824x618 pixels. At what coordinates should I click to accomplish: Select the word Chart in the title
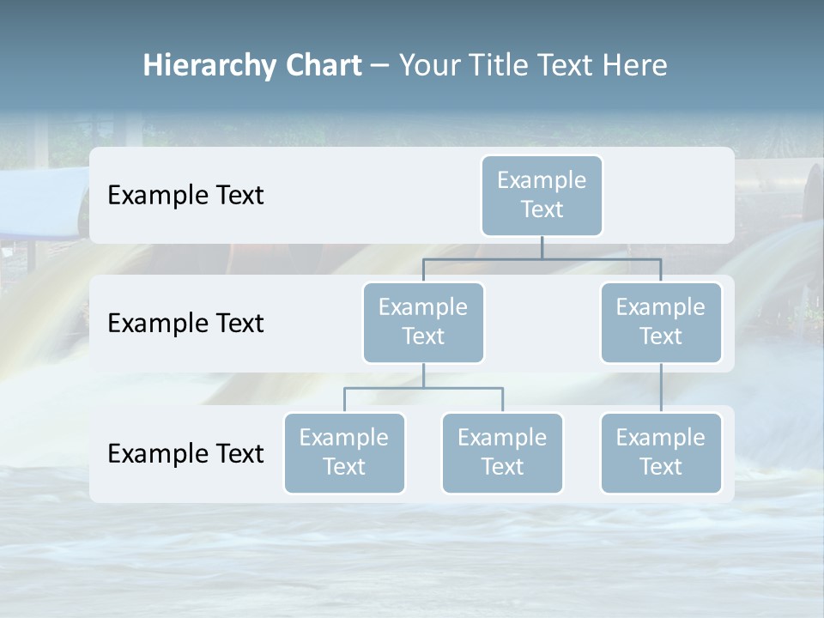(324, 66)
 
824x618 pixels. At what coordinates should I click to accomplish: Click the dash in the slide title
(380, 67)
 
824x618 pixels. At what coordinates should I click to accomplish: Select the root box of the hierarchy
(542, 195)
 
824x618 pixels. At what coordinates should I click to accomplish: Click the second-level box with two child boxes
(423, 322)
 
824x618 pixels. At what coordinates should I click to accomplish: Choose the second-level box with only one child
(661, 322)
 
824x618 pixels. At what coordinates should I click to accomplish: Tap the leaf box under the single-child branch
(661, 452)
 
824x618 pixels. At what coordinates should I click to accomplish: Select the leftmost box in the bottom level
(344, 452)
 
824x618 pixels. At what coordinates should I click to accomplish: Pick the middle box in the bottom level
(502, 452)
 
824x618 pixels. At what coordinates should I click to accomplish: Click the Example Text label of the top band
(185, 196)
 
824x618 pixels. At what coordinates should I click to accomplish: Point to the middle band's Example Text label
(185, 324)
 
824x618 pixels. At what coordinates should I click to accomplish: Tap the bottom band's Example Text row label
(185, 453)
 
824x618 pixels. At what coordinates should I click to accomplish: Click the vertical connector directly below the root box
(542, 247)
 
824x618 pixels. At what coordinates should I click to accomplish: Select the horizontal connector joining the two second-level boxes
(542, 258)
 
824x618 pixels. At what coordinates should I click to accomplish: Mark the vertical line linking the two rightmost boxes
(661, 387)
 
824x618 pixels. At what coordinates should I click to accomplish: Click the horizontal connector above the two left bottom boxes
(423, 388)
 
